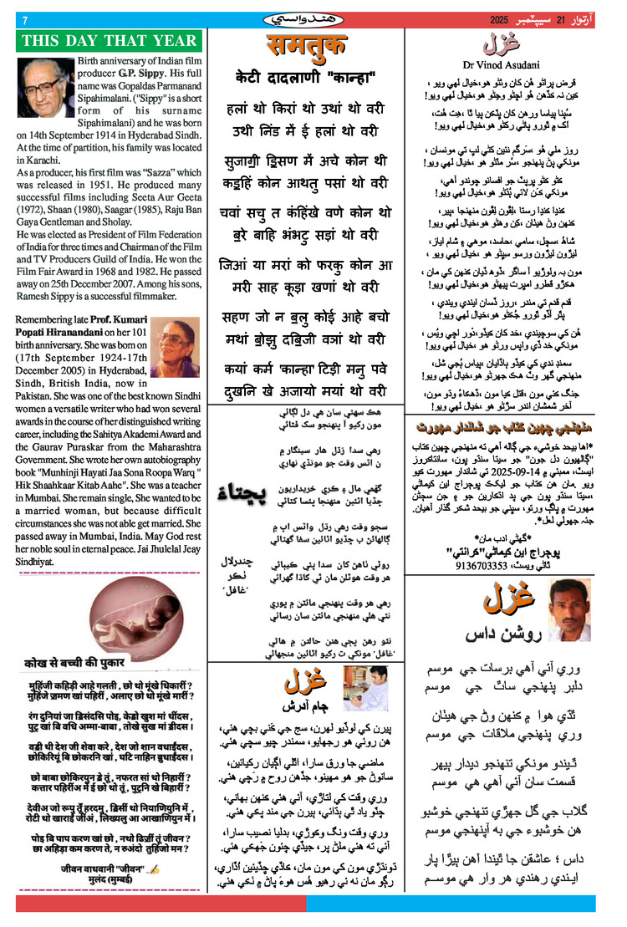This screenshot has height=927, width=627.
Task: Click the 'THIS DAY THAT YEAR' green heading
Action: click(109, 41)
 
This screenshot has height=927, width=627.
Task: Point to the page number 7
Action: click(25, 20)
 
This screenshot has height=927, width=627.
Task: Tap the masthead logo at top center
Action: click(306, 18)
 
